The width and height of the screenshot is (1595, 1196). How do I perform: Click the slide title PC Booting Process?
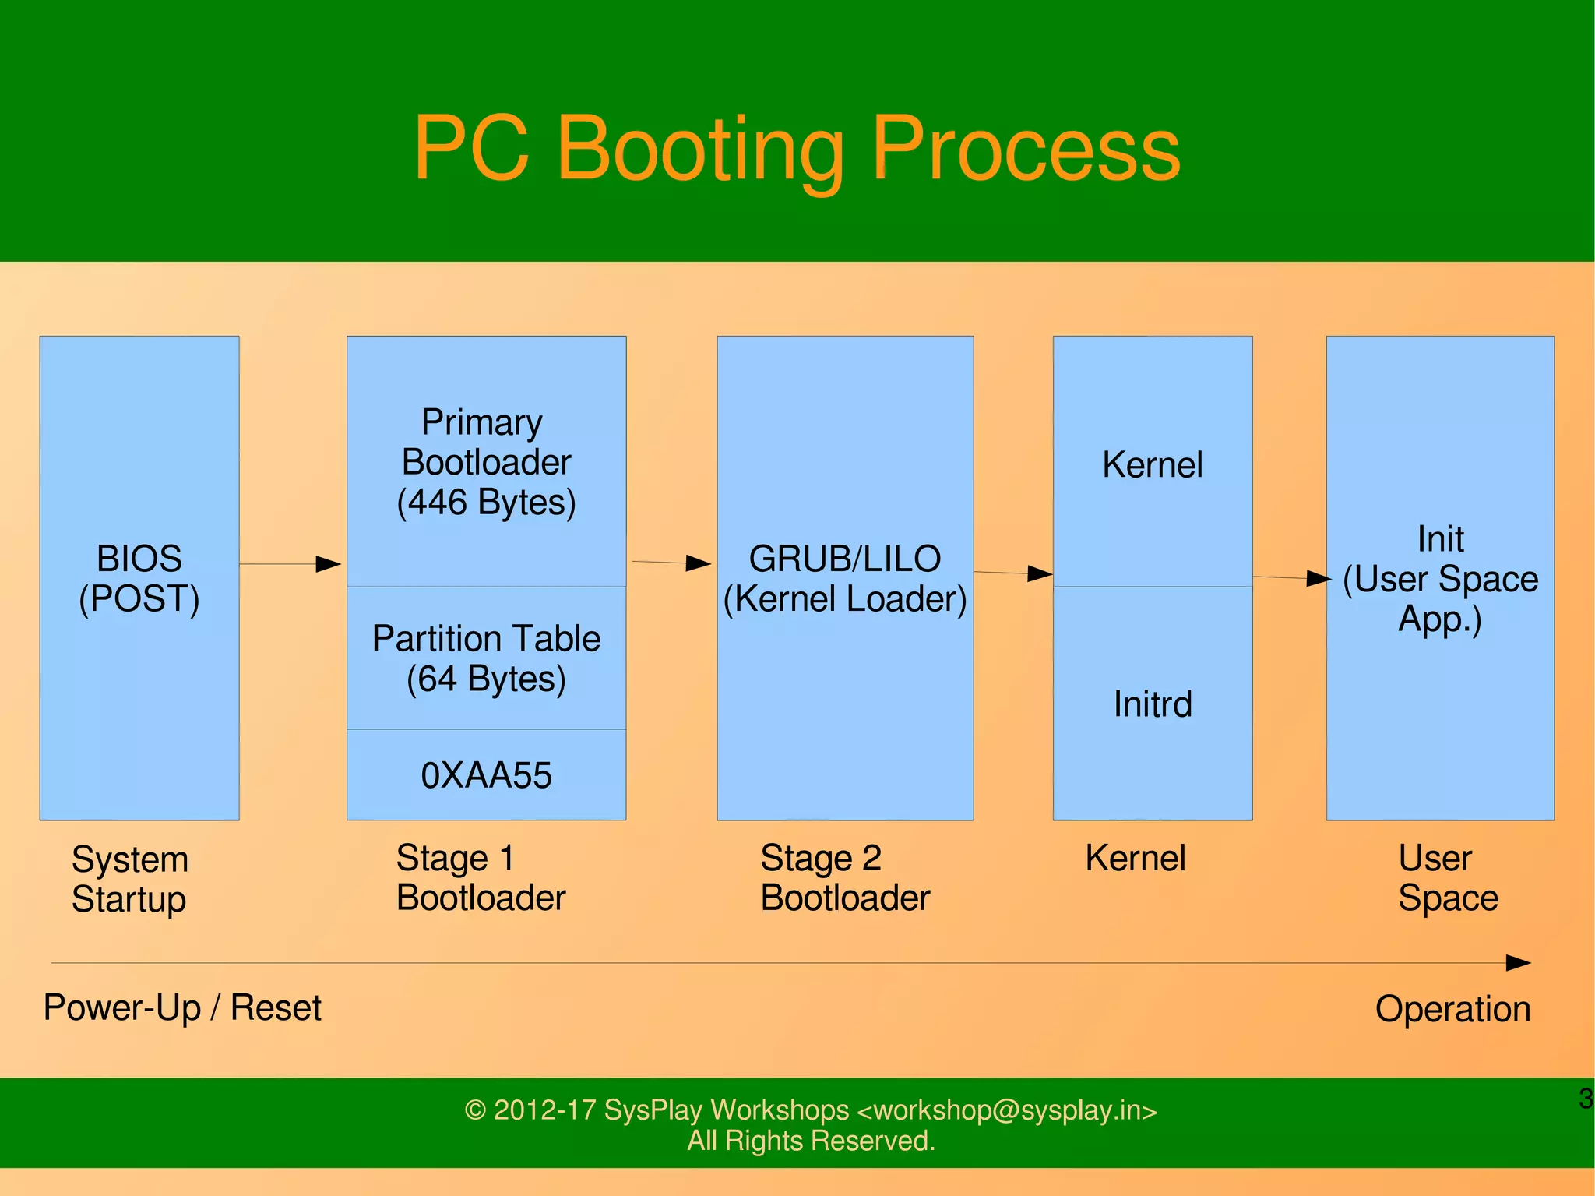pos(797,148)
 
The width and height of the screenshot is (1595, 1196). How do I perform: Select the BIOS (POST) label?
pos(139,579)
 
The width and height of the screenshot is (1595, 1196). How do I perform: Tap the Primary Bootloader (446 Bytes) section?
pos(486,461)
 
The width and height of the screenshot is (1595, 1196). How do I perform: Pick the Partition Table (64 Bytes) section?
pos(486,658)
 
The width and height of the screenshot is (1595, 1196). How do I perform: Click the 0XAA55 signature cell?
pos(486,775)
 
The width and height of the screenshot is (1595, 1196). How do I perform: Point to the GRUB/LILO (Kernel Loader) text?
pos(845,579)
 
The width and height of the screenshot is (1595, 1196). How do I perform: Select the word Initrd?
pos(1153,704)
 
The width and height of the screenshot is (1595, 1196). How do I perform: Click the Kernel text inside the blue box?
pos(1153,465)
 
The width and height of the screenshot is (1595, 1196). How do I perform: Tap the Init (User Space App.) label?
pos(1440,579)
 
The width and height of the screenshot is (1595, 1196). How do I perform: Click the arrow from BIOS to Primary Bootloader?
pos(290,563)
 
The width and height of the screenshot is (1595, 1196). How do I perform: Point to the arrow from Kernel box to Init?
pos(1291,577)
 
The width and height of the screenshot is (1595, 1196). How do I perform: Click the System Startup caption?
pos(130,879)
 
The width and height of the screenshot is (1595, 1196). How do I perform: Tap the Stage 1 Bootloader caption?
pos(481,877)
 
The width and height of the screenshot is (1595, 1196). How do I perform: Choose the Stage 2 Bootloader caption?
pos(845,877)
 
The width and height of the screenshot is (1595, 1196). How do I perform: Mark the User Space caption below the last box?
pos(1447,877)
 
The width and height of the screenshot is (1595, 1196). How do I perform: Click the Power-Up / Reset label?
pos(182,1007)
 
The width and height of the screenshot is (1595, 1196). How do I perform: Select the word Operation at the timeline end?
pos(1452,1009)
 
